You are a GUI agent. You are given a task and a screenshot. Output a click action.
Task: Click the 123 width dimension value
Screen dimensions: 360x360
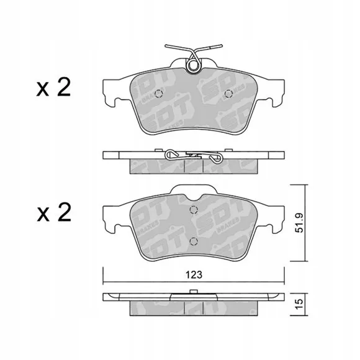point(194,274)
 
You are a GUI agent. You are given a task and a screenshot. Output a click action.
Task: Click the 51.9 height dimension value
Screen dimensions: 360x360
point(299,223)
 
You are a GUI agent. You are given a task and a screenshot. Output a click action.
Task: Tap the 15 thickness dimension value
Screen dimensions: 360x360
point(299,304)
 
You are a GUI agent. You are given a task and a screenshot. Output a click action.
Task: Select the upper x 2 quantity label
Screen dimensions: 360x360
point(53,88)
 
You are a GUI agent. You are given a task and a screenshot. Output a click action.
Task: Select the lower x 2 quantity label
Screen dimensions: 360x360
point(54,214)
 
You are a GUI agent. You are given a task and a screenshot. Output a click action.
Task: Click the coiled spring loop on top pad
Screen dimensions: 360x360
point(194,65)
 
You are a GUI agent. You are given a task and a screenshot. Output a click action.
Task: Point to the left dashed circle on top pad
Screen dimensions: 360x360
point(158,94)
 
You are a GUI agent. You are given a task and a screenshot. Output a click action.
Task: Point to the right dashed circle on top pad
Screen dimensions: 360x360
point(228,94)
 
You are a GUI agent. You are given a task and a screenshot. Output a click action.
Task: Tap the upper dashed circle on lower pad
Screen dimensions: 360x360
point(194,210)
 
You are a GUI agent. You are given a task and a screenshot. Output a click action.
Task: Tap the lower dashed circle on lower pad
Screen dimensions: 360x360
point(194,241)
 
